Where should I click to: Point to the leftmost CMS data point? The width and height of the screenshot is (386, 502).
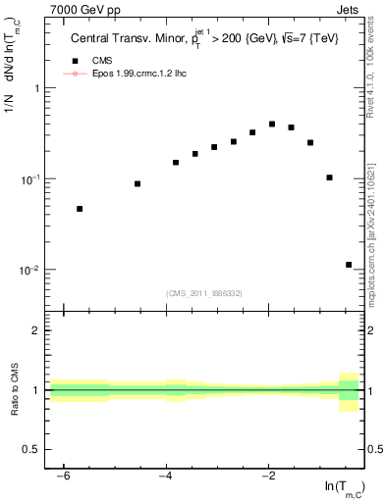pyautogui.click(x=80, y=209)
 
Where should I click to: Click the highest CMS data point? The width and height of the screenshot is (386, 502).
pyautogui.click(x=272, y=125)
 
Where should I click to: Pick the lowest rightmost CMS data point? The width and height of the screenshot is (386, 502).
pyautogui.click(x=349, y=265)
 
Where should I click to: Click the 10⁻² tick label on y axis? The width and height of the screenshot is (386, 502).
pyautogui.click(x=30, y=270)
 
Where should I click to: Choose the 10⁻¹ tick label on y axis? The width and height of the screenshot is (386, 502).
pyautogui.click(x=30, y=179)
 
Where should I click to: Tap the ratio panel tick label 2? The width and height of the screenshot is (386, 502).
pyautogui.click(x=37, y=330)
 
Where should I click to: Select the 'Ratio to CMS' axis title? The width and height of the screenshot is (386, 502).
pyautogui.click(x=14, y=390)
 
